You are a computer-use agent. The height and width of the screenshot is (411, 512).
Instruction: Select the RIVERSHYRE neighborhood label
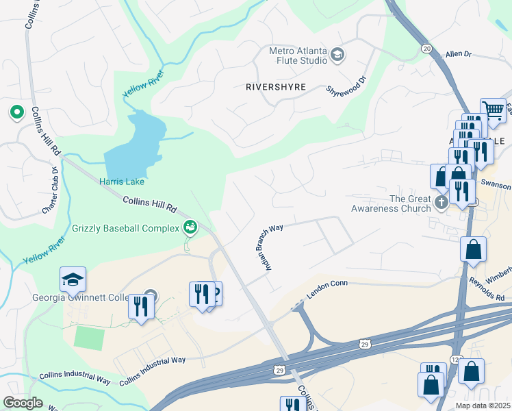275,87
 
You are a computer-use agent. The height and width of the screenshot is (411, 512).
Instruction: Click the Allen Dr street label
459,53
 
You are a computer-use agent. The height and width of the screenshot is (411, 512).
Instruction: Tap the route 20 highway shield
426,48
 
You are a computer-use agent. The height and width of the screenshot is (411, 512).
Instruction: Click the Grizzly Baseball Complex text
125,227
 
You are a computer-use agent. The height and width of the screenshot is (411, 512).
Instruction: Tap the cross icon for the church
442,202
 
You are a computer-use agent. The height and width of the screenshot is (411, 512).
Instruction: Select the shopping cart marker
492,109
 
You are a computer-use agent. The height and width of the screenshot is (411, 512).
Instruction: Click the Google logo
23,402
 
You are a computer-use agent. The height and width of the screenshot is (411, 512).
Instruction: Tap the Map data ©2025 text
483,406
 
